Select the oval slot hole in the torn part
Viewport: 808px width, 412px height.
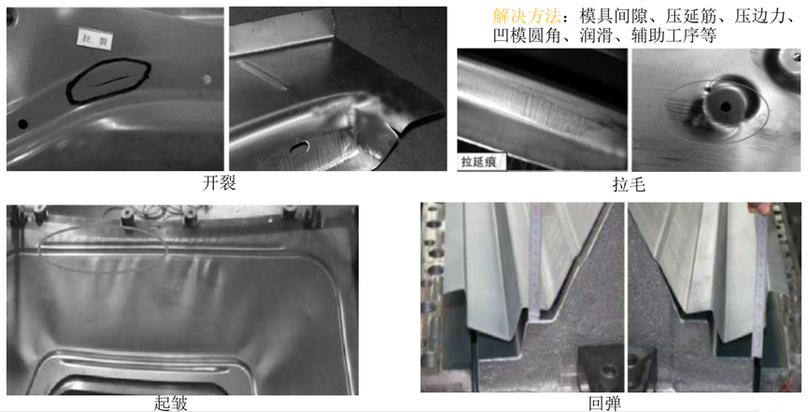[301, 146]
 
